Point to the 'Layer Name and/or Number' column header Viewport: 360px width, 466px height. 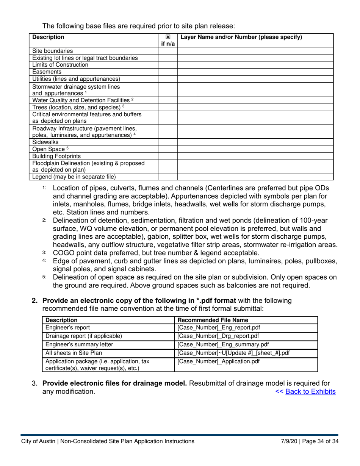(241, 37)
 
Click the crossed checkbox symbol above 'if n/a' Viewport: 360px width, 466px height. (168, 37)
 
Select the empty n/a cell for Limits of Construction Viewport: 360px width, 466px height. (168, 65)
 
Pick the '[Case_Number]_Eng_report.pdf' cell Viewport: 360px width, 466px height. (219, 328)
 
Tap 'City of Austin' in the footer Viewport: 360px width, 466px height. (38, 441)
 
